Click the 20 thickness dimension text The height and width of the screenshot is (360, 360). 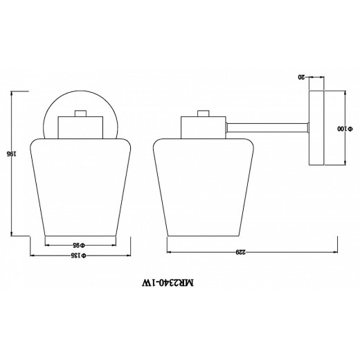[x=301, y=78]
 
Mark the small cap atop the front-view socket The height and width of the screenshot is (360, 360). [x=80, y=113]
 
